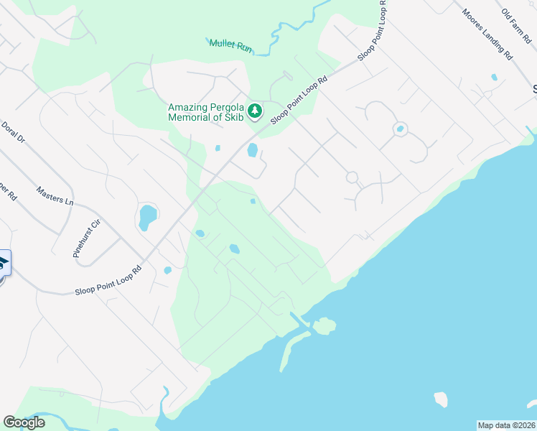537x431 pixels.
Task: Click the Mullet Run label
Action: [x=231, y=45]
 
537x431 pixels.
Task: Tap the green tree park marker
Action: [x=256, y=111]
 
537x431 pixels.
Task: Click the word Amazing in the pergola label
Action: [x=190, y=107]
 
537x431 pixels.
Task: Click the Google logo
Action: [x=24, y=422]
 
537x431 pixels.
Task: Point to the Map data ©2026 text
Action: [x=506, y=425]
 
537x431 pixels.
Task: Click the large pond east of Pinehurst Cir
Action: [x=146, y=216]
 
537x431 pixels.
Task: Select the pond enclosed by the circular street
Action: [x=400, y=129]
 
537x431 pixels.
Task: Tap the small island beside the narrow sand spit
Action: [x=324, y=326]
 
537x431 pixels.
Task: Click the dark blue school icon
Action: [x=2, y=264]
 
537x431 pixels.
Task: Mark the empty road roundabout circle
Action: [x=352, y=177]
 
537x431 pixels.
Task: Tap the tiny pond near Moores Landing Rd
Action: [x=494, y=77]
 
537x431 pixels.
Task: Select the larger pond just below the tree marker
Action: [x=253, y=149]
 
